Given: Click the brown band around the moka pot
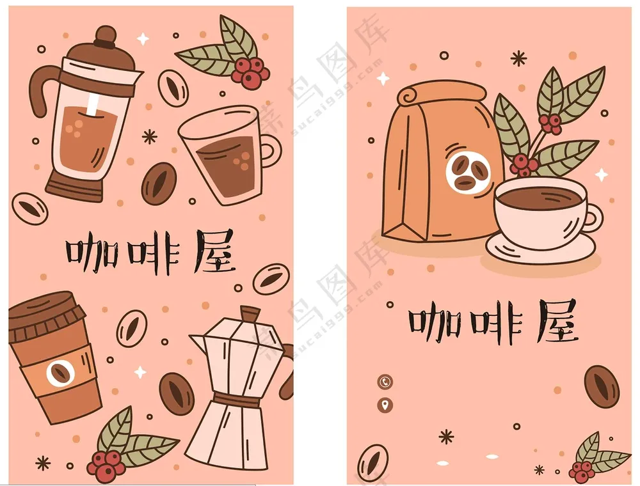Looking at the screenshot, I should (237, 400).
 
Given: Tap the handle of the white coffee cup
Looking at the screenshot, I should (592, 217).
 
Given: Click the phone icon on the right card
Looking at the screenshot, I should (385, 382).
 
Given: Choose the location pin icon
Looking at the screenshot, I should (385, 405).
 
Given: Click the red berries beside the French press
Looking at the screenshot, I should (248, 71).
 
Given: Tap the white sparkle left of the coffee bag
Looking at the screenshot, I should (383, 79).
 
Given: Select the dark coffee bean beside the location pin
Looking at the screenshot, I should (601, 387).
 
